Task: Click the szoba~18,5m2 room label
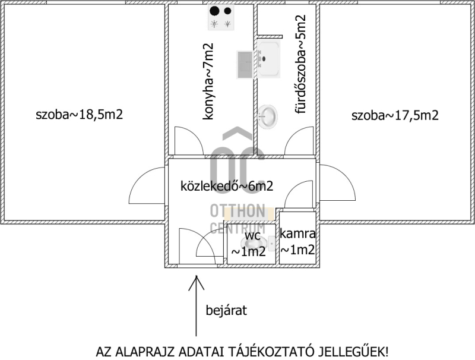tap(80, 115)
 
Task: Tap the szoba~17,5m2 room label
tap(395, 115)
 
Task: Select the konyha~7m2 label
tap(208, 82)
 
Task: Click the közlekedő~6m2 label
tap(226, 186)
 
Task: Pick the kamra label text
tap(298, 235)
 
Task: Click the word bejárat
tap(226, 310)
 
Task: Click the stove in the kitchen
tap(220, 17)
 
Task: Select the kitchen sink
tap(245, 64)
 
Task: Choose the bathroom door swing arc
tap(297, 143)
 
